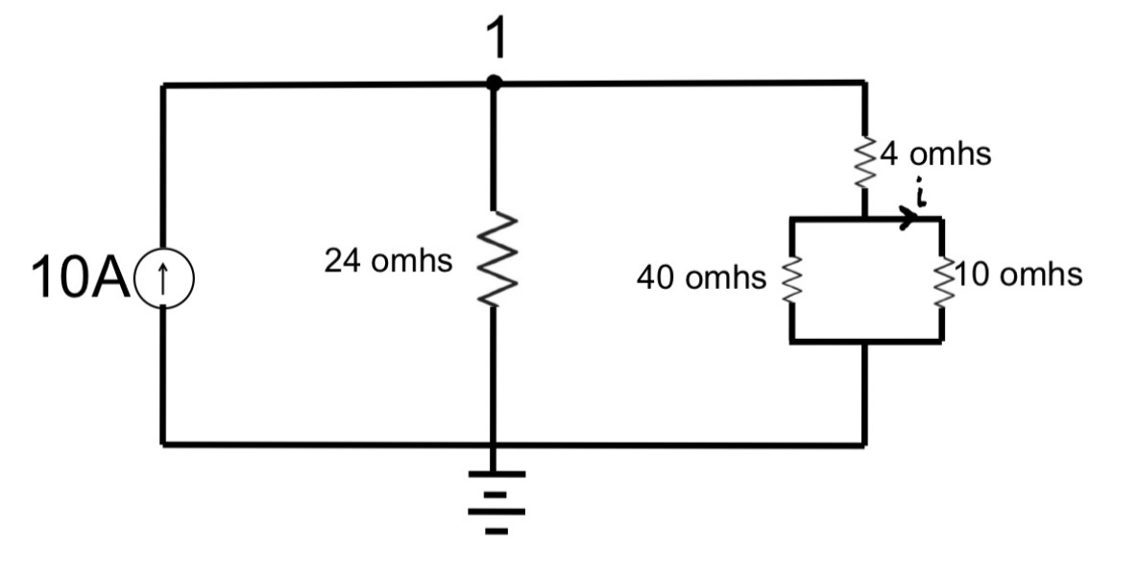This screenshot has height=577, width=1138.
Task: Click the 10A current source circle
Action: coord(164,277)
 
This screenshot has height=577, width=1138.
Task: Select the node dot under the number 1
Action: coord(494,84)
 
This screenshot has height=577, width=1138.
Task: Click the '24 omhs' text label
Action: coord(387,261)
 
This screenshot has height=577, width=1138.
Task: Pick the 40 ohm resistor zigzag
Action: coord(791,279)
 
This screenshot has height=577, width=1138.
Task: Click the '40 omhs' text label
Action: coord(701,278)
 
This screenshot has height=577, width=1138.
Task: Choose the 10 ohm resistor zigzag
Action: coord(942,279)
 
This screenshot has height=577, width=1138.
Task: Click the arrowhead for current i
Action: coord(905,220)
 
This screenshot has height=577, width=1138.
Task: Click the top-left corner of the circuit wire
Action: coord(164,85)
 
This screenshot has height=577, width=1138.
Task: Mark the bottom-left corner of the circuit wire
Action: coord(164,444)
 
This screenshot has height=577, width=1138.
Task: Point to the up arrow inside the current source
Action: coord(164,277)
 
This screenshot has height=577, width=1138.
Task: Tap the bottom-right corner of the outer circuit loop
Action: coord(865,444)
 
